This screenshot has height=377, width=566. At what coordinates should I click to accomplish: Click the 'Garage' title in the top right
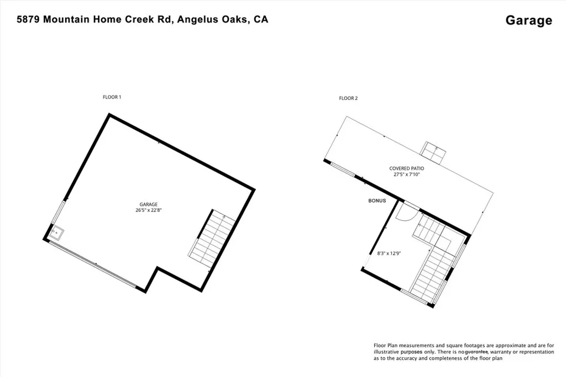[528, 20]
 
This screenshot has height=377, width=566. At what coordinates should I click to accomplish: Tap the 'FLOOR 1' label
[112, 97]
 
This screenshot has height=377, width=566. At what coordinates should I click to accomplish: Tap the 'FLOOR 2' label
[348, 98]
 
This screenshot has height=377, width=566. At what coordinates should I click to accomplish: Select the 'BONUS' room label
[377, 200]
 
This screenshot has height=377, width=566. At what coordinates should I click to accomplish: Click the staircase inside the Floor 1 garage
[216, 240]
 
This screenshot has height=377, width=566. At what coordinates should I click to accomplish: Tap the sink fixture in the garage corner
[56, 233]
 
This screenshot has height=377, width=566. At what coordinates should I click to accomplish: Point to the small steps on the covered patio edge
[434, 152]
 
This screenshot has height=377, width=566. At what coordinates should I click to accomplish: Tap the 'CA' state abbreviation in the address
[261, 19]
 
